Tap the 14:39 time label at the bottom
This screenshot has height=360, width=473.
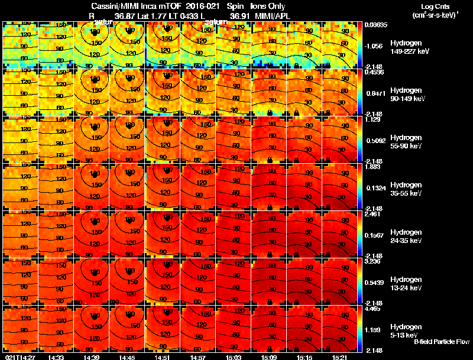[92, 357]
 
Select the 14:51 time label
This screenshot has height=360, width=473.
[163, 357]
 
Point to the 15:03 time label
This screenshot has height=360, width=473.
[234, 357]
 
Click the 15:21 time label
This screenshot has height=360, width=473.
[340, 357]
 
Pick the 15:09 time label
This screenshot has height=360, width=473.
[269, 357]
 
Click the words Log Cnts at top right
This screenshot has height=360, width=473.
[430, 7]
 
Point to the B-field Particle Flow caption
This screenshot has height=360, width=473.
[442, 342]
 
